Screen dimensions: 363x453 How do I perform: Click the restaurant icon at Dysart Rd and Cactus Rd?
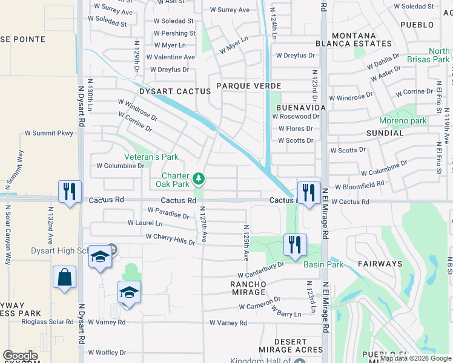70,192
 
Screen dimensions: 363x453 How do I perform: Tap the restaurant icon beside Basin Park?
294,245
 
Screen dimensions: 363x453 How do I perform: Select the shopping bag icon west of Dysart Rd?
64,278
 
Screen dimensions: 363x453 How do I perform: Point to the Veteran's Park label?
151,157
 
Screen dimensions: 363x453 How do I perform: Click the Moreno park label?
403,120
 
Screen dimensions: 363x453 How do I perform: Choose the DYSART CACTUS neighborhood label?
166,91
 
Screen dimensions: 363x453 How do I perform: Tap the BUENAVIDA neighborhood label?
301,106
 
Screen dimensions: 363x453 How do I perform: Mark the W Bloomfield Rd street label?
359,186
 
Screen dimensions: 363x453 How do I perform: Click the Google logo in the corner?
20,356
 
